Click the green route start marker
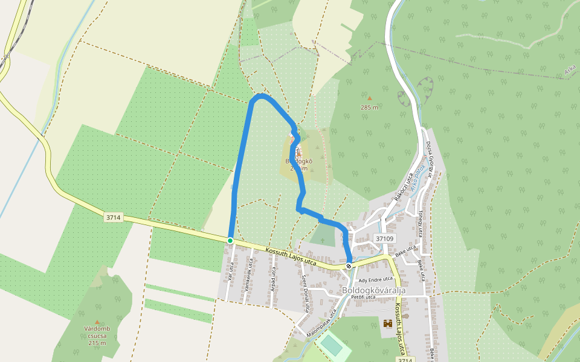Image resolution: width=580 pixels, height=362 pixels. [230, 241]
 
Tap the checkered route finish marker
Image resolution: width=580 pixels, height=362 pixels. [349, 265]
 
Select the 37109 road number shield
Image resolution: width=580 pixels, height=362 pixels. [384, 239]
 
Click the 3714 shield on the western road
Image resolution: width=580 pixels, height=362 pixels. [113, 217]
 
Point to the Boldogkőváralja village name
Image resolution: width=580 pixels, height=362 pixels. [373, 290]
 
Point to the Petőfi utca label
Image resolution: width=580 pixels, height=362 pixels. [364, 297]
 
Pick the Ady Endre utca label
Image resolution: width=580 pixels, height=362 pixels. [375, 280]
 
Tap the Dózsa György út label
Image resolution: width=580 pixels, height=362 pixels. [430, 156]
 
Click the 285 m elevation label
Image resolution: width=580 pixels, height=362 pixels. [369, 107]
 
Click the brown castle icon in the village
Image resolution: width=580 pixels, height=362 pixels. [387, 323]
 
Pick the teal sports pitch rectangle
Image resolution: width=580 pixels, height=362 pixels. [330, 345]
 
